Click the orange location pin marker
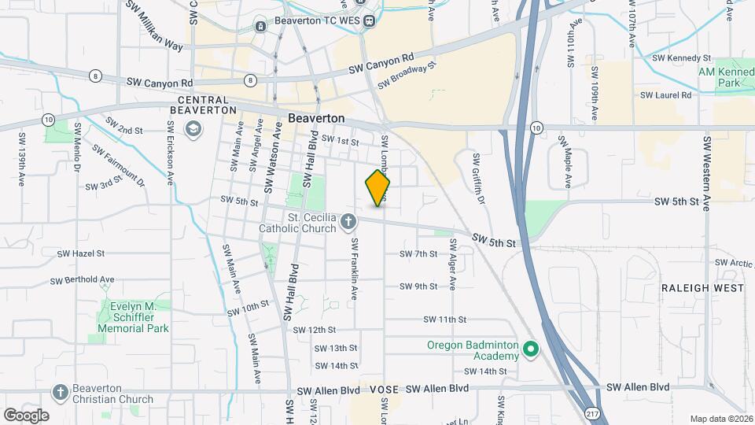click(378, 188)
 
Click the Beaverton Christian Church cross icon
click(60, 392)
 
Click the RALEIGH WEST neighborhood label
click(702, 289)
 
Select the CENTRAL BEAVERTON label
click(203, 105)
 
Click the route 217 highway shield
click(591, 412)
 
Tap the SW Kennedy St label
click(682, 58)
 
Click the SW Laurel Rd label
click(665, 94)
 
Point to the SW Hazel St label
click(82, 254)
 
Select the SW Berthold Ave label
click(83, 280)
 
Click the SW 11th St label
click(445, 320)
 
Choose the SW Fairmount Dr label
click(118, 164)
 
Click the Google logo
click(26, 415)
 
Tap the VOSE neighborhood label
click(383, 390)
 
